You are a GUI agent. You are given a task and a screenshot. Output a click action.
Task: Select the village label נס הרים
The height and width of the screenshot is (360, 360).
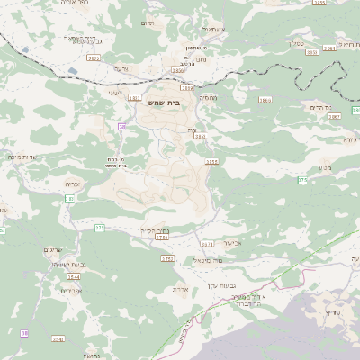[333, 106]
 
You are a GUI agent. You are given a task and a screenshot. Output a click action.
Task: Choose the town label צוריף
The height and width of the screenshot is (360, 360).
[332, 312]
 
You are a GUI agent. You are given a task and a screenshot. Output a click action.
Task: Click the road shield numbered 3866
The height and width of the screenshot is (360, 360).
[265, 100]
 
